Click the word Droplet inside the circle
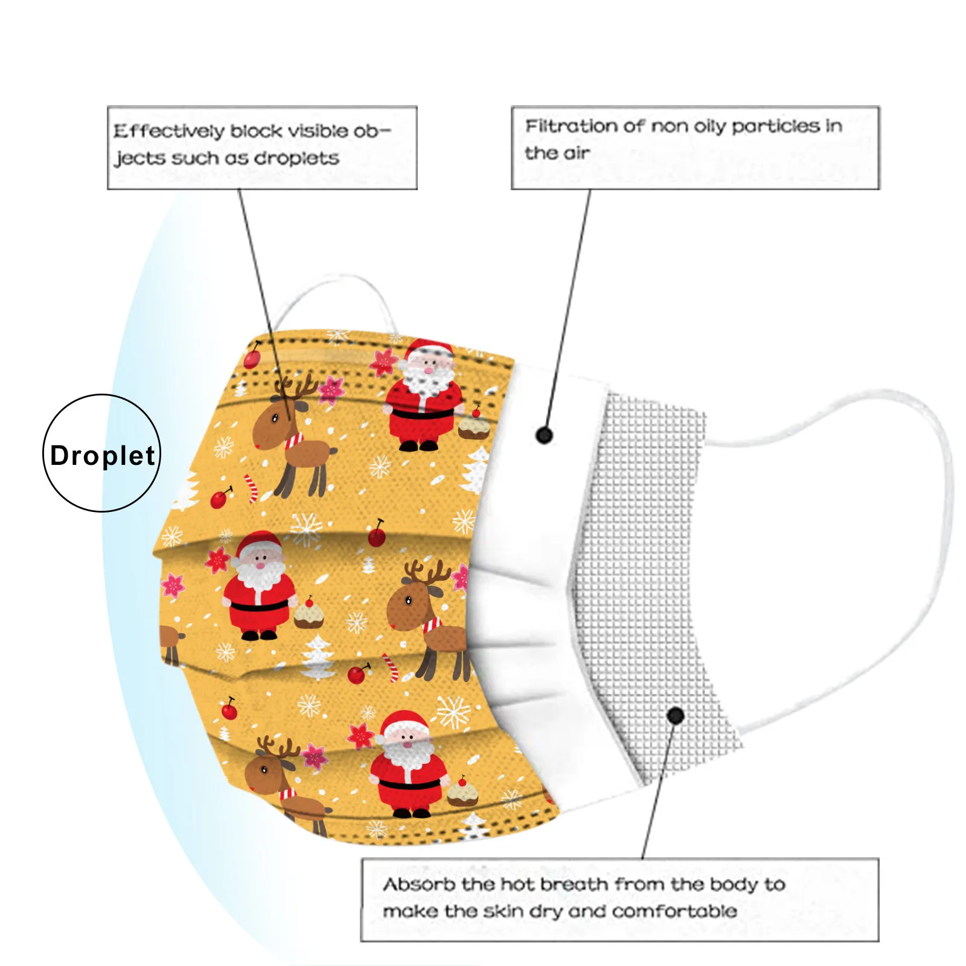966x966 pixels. (x=102, y=456)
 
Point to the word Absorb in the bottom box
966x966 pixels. (x=418, y=884)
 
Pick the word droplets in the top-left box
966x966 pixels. (x=296, y=158)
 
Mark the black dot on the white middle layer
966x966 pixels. (x=544, y=435)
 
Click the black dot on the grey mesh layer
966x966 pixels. (x=676, y=716)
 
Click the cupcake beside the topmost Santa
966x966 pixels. (x=473, y=426)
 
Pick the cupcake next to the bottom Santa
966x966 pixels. (x=462, y=793)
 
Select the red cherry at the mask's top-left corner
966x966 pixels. (x=252, y=359)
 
